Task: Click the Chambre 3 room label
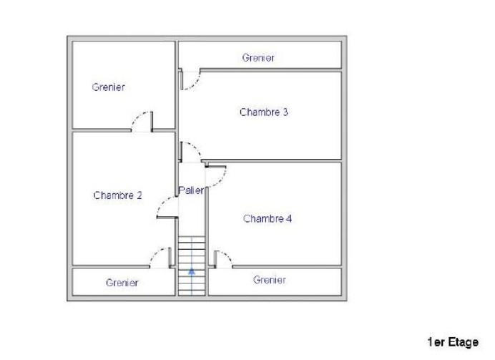(264, 112)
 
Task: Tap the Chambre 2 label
(117, 195)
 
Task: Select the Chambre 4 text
(267, 219)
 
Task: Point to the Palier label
(192, 190)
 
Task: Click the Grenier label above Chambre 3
(258, 57)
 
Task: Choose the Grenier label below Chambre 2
(122, 283)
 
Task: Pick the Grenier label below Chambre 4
(270, 280)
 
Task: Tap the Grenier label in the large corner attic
(109, 87)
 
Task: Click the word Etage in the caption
(463, 343)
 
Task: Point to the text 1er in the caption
(436, 343)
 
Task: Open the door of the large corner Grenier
(142, 122)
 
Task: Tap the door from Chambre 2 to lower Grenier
(162, 258)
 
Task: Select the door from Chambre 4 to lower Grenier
(222, 259)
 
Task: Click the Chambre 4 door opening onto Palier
(216, 174)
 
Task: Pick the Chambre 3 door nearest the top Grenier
(189, 79)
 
